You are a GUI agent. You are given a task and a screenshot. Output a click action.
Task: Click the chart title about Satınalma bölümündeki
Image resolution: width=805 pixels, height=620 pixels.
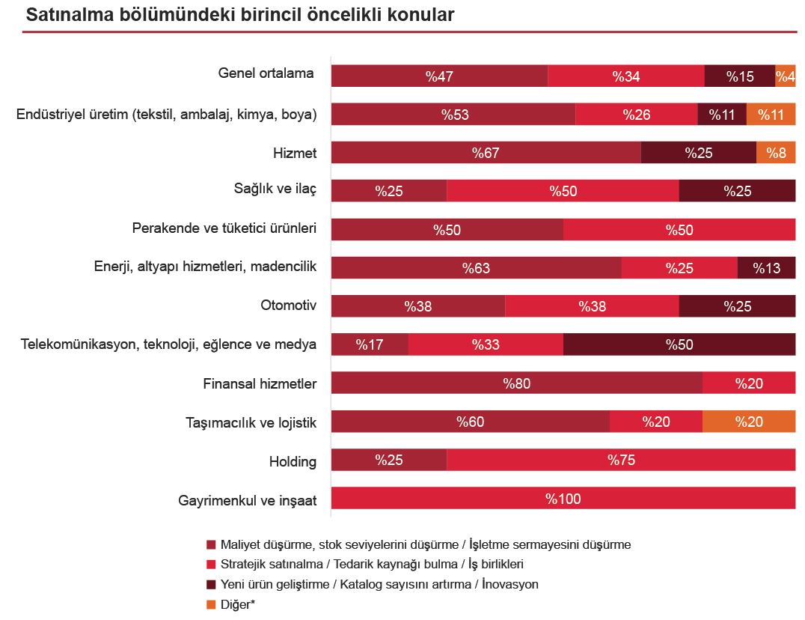click(x=239, y=15)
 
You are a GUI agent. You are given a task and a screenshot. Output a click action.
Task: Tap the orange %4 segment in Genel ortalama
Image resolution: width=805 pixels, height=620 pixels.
click(x=785, y=76)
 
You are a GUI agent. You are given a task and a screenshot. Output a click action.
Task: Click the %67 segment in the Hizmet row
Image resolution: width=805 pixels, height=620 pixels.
click(x=486, y=153)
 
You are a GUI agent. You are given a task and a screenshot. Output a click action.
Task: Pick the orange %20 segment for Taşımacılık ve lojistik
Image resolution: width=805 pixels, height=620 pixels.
click(x=749, y=422)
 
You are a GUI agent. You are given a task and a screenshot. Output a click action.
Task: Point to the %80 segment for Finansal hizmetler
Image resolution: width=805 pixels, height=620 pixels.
click(x=516, y=383)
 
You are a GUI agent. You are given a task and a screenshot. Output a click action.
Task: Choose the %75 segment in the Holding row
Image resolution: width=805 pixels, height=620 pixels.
click(x=621, y=461)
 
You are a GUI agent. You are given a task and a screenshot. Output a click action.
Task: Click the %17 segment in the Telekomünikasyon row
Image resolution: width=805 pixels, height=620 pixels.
click(x=370, y=344)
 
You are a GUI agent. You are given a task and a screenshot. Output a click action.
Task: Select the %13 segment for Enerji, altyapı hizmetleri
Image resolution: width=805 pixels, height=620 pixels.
click(x=766, y=268)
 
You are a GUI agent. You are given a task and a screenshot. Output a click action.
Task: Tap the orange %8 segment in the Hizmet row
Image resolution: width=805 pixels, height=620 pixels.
click(x=776, y=153)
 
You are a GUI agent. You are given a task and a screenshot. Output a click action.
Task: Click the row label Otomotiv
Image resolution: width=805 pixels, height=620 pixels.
click(x=289, y=306)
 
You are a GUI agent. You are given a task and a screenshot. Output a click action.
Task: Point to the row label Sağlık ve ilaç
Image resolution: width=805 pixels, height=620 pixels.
click(x=275, y=189)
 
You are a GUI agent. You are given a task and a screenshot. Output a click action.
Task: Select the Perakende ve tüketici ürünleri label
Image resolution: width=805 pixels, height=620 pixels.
click(x=224, y=228)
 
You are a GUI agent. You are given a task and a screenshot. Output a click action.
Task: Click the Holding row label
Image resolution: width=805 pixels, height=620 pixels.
click(x=293, y=461)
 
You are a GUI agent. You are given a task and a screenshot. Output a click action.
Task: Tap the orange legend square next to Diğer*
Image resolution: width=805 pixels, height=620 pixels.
click(x=211, y=604)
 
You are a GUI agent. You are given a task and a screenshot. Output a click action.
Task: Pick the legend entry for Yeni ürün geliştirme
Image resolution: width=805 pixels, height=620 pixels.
click(x=379, y=585)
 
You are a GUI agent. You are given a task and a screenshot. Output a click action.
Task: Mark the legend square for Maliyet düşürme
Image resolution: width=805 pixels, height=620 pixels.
click(x=211, y=544)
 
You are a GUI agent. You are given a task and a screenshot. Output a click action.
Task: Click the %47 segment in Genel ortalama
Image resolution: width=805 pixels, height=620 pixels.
click(x=439, y=76)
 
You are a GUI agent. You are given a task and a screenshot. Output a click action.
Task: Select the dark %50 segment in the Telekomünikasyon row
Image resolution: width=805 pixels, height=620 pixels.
click(x=679, y=344)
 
